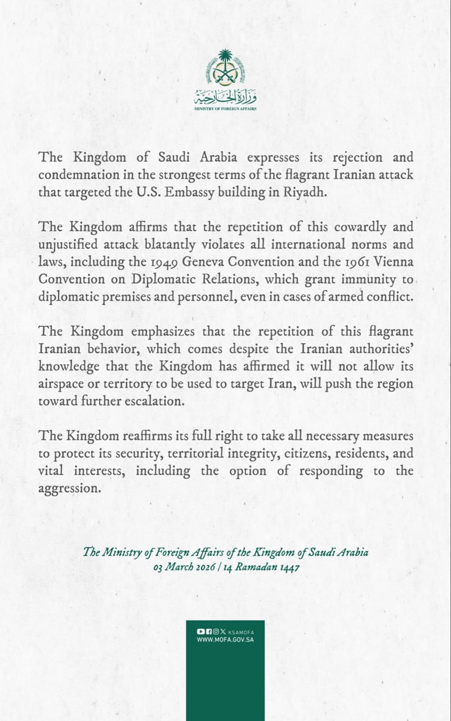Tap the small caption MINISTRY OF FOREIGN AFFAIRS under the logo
pos(225,108)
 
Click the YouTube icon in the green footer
pos(200,632)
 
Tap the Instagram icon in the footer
pos(215,632)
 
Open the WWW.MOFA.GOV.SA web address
pos(225,640)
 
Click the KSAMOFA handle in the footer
pos(242,633)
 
